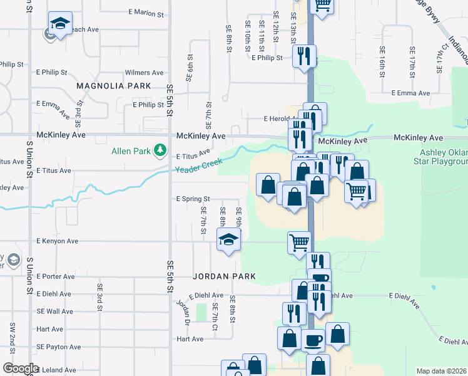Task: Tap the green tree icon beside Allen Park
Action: pos(161,150)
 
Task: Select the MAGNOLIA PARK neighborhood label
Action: pos(114,85)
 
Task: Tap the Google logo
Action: pos(21,368)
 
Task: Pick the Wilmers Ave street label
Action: pos(144,73)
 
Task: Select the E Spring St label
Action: pos(193,199)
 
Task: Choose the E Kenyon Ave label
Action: pos(57,241)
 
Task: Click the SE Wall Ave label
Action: pos(54,311)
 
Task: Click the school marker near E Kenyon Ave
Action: pos(228,240)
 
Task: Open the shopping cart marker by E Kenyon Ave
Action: pos(299,241)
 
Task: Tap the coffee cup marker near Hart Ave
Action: pos(313,340)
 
